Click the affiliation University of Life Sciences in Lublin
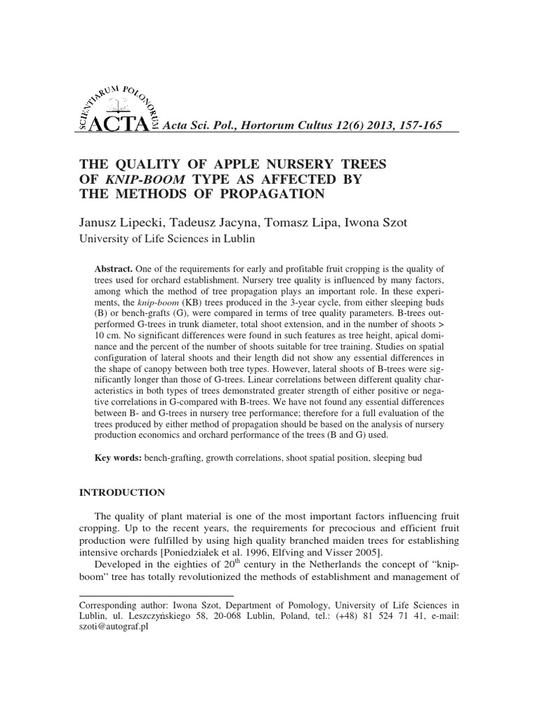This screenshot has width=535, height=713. click(x=169, y=239)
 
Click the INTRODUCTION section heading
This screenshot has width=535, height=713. click(x=124, y=493)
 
